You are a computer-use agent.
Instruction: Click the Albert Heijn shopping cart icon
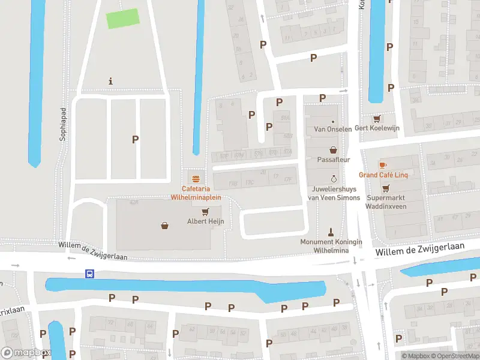[x=206, y=211]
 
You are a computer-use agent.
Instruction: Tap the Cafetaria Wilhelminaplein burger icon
[x=196, y=178]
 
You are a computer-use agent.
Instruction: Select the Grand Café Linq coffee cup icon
[x=383, y=164]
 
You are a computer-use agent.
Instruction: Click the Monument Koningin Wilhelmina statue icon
[x=331, y=231]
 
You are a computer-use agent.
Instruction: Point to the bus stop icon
[x=89, y=274]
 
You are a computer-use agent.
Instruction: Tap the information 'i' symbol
[x=110, y=81]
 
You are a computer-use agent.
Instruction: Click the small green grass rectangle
[x=123, y=19]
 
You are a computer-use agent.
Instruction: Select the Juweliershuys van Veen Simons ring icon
[x=334, y=179]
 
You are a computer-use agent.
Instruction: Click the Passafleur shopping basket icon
[x=333, y=149]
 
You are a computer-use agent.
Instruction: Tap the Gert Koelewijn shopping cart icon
[x=377, y=118]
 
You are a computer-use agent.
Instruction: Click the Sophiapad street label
[x=62, y=125]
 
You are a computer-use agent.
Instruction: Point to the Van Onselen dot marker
[x=333, y=121]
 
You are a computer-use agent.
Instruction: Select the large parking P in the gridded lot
[x=136, y=139]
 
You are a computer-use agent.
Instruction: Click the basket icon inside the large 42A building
[x=164, y=226]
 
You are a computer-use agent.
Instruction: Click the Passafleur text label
[x=333, y=160]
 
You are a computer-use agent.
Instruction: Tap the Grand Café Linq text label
[x=383, y=175]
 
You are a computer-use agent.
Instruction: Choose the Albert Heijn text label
[x=206, y=221]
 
